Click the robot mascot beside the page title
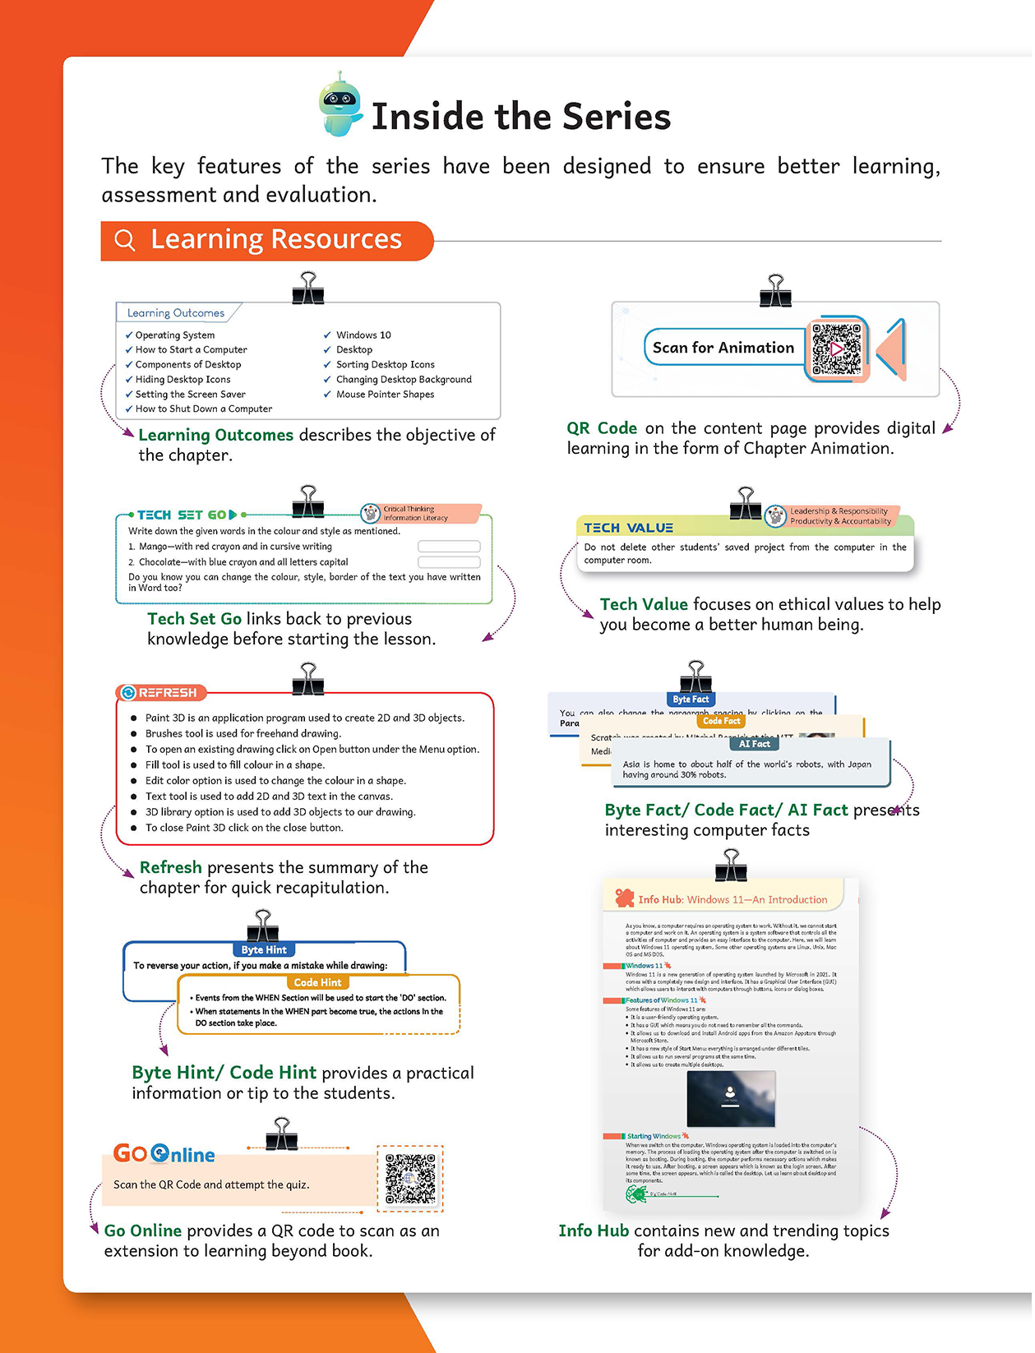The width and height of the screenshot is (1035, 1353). (340, 104)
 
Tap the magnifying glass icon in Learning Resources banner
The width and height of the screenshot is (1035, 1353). (124, 240)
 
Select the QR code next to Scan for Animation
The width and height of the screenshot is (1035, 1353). (836, 349)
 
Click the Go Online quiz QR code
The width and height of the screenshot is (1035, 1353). (410, 1179)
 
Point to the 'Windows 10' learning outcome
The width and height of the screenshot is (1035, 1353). (363, 335)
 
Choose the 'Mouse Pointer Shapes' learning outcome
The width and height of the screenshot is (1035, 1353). (385, 395)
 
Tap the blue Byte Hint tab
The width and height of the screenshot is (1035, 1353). (264, 949)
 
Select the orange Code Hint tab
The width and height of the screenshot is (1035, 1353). (317, 982)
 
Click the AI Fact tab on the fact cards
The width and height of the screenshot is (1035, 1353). (754, 744)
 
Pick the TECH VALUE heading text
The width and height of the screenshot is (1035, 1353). (628, 528)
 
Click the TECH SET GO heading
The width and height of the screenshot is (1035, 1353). (182, 515)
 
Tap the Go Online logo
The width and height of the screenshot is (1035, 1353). (164, 1154)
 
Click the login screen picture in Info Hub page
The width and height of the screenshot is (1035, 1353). (730, 1098)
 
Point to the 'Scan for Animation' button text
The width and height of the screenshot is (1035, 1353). (723, 348)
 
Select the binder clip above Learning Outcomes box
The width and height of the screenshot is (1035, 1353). (307, 289)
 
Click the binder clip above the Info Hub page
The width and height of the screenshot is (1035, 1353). (731, 866)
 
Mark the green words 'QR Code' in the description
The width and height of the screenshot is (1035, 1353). (601, 428)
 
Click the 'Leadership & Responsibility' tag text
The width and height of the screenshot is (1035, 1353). (839, 511)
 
